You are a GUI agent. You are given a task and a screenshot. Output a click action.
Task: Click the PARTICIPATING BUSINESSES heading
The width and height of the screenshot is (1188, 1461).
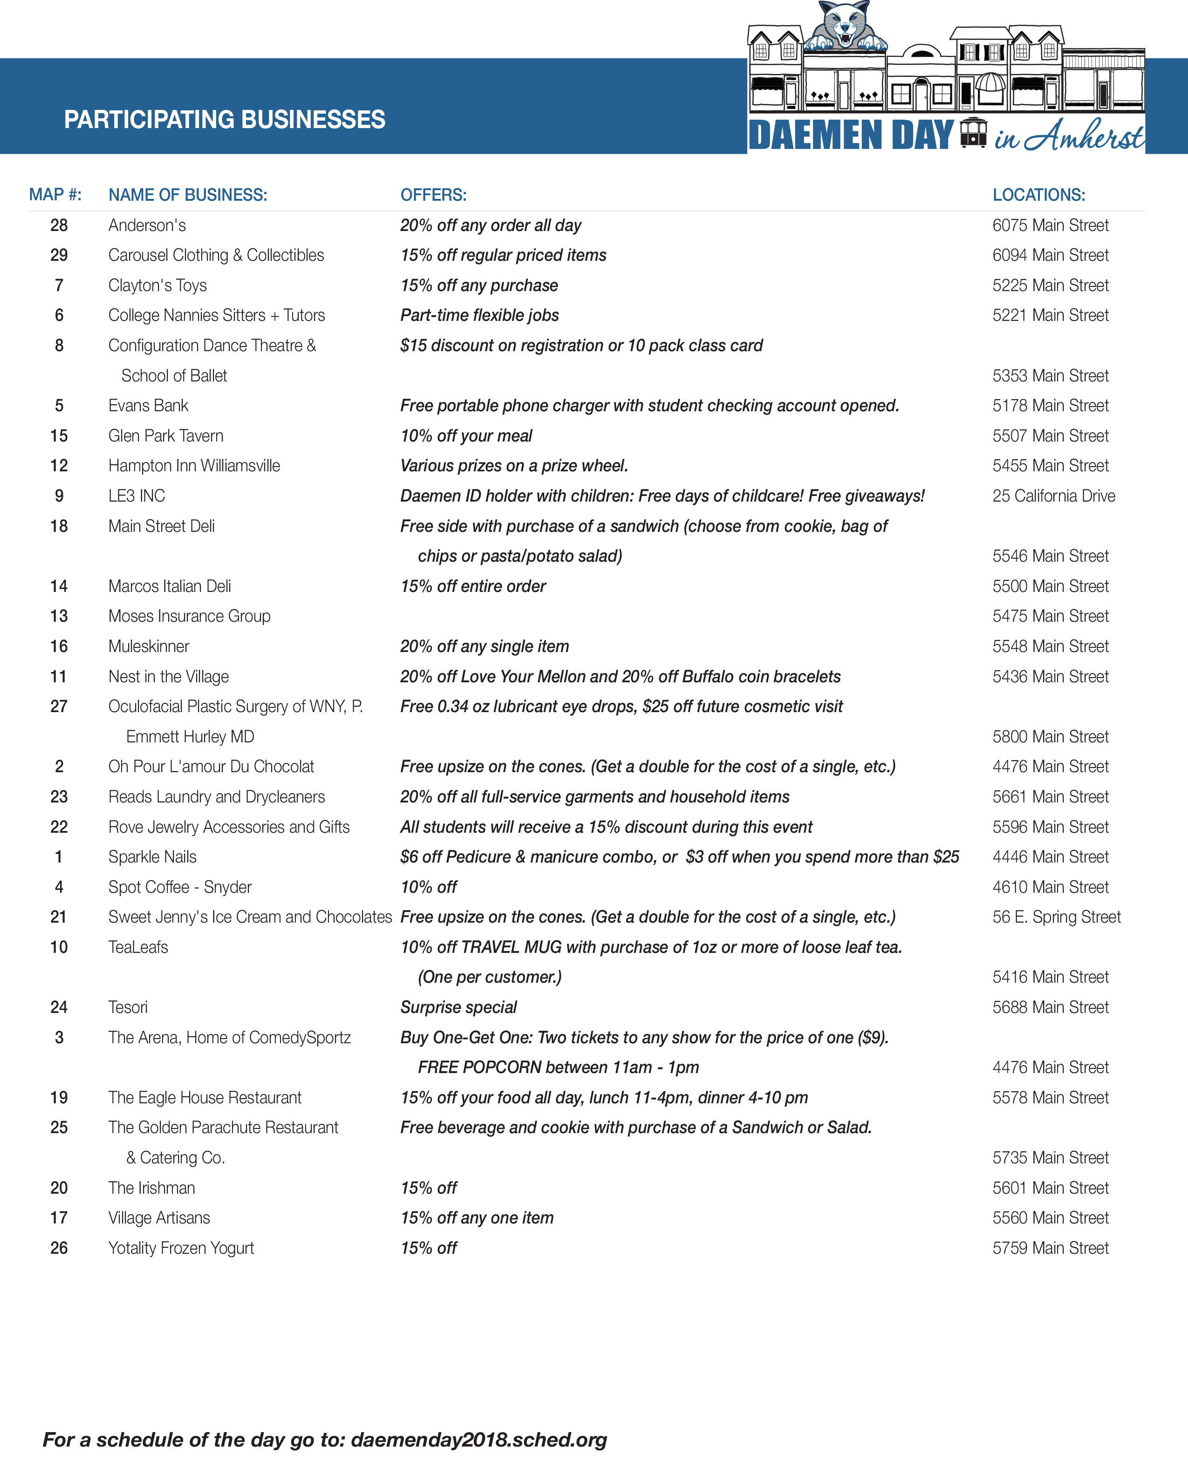click(x=225, y=120)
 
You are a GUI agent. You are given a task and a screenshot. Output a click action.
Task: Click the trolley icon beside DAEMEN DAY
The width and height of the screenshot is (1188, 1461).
click(x=973, y=133)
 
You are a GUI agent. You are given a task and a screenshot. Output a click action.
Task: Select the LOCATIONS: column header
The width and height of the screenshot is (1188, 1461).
click(x=1038, y=195)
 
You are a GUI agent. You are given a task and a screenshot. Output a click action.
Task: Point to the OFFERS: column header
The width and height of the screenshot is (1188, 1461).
click(x=433, y=195)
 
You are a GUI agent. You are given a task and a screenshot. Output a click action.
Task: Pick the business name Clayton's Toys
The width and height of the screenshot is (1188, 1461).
click(x=157, y=285)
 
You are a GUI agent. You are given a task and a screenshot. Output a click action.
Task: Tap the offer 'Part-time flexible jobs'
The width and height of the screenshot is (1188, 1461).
click(x=479, y=315)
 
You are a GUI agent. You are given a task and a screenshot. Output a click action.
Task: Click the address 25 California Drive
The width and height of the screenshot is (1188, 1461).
click(x=1053, y=496)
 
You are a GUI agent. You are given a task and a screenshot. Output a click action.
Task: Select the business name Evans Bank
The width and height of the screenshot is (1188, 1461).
click(x=148, y=406)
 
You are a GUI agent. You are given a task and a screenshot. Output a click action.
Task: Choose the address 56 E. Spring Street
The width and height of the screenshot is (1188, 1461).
click(x=1056, y=917)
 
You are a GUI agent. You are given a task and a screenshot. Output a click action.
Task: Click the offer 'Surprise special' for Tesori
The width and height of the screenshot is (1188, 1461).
click(x=458, y=1007)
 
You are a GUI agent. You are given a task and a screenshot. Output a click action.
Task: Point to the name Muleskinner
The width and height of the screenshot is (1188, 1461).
click(x=149, y=646)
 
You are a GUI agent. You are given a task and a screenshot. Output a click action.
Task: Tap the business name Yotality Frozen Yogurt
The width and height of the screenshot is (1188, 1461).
click(x=181, y=1248)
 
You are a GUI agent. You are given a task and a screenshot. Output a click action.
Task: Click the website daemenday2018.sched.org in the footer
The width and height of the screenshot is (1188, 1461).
click(x=478, y=1439)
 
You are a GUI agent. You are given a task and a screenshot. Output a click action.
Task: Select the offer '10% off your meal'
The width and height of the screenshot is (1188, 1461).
click(x=465, y=436)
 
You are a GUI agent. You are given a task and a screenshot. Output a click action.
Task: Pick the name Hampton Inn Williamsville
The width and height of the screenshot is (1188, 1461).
click(x=194, y=466)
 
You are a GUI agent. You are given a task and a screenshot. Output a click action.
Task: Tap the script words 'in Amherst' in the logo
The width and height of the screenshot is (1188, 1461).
click(x=1067, y=136)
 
